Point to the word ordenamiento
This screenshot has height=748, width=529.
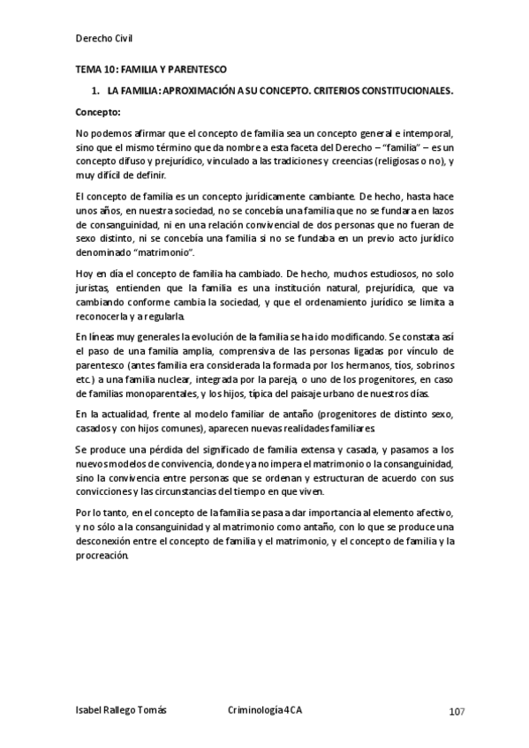click(x=334, y=303)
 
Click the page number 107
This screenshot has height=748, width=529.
click(x=457, y=711)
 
